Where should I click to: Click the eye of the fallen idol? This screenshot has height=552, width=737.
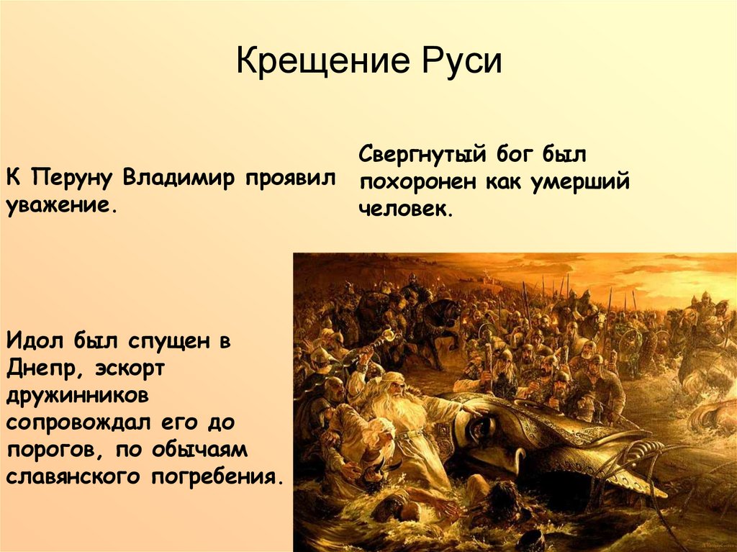tap(477, 430)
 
